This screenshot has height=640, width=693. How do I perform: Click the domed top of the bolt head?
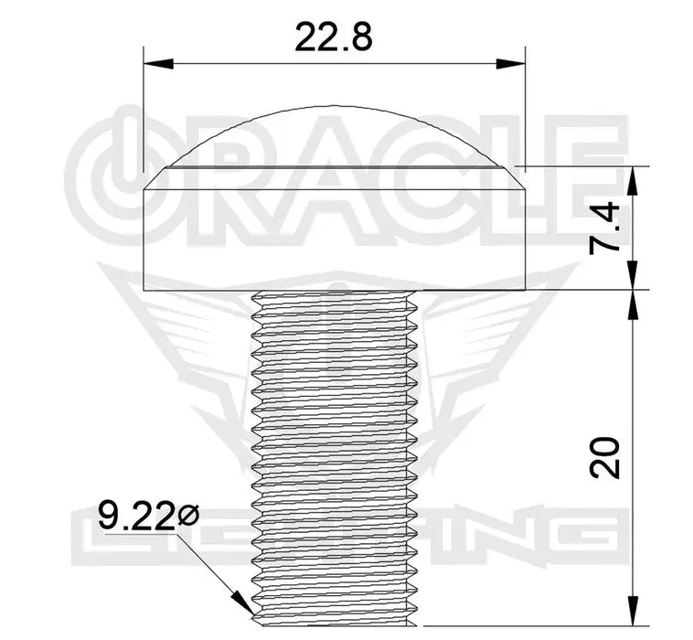(x=335, y=133)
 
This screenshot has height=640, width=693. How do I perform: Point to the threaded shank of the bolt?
(x=334, y=448)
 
